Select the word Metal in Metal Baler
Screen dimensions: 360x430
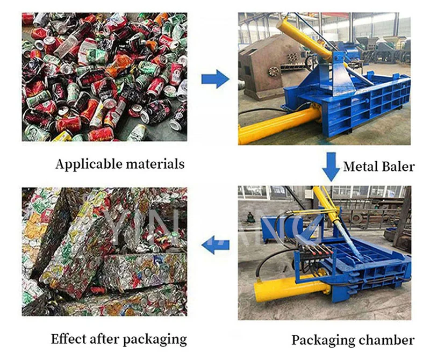(x=361, y=166)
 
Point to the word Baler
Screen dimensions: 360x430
(x=398, y=166)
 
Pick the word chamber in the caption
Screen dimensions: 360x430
(x=386, y=340)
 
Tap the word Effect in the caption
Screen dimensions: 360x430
(x=69, y=339)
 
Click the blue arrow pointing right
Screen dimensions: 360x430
(x=215, y=80)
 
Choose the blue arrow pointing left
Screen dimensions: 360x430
(x=215, y=244)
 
